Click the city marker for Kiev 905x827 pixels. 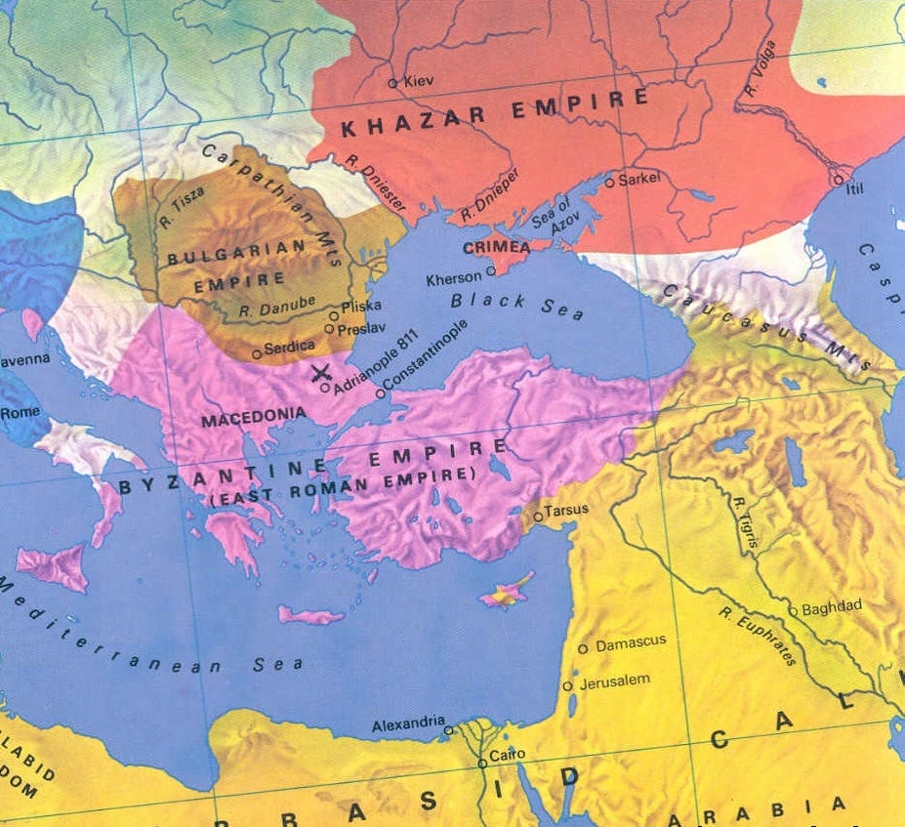(393, 83)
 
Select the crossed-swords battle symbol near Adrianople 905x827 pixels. (319, 372)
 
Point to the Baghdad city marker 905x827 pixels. (794, 611)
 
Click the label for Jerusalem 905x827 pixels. (614, 680)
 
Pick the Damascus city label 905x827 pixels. (630, 641)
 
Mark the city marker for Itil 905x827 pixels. (837, 180)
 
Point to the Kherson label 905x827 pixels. (454, 278)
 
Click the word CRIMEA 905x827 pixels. (495, 249)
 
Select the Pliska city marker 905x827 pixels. (333, 315)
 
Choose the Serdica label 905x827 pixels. (289, 346)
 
